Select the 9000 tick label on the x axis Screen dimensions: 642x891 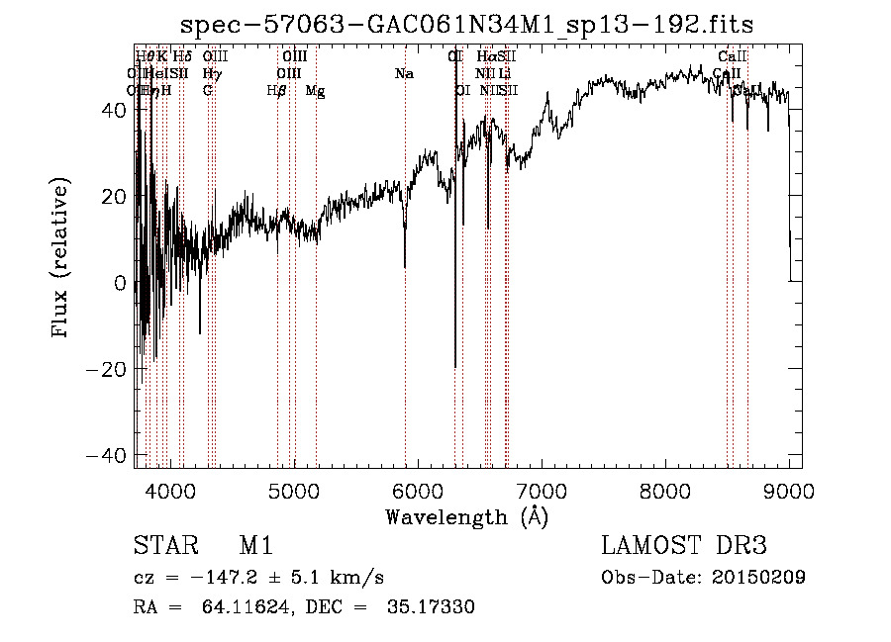789,491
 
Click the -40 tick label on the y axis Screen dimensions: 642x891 108,456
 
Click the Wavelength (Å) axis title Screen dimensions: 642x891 467,516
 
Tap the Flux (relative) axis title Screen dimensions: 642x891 62,259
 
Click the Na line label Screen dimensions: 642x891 404,73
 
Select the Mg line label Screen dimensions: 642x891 315,91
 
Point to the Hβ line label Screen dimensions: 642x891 276,91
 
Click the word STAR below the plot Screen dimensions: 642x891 164,547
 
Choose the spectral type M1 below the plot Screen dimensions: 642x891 255,547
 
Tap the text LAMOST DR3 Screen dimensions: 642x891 684,547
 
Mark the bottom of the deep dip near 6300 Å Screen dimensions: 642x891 455,367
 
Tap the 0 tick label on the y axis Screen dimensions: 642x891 120,283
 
